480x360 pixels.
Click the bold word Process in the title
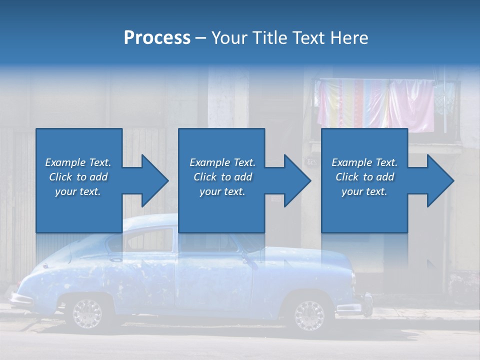tap(157, 38)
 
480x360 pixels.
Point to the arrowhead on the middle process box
tap(297, 180)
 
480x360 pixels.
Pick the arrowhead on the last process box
tap(440, 180)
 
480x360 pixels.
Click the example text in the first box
tap(78, 177)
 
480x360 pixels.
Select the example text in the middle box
tap(222, 177)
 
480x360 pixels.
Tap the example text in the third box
tap(364, 177)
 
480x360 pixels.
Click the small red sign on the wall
tap(276, 199)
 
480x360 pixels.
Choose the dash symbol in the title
tap(200, 38)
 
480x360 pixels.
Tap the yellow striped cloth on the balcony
tap(350, 102)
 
